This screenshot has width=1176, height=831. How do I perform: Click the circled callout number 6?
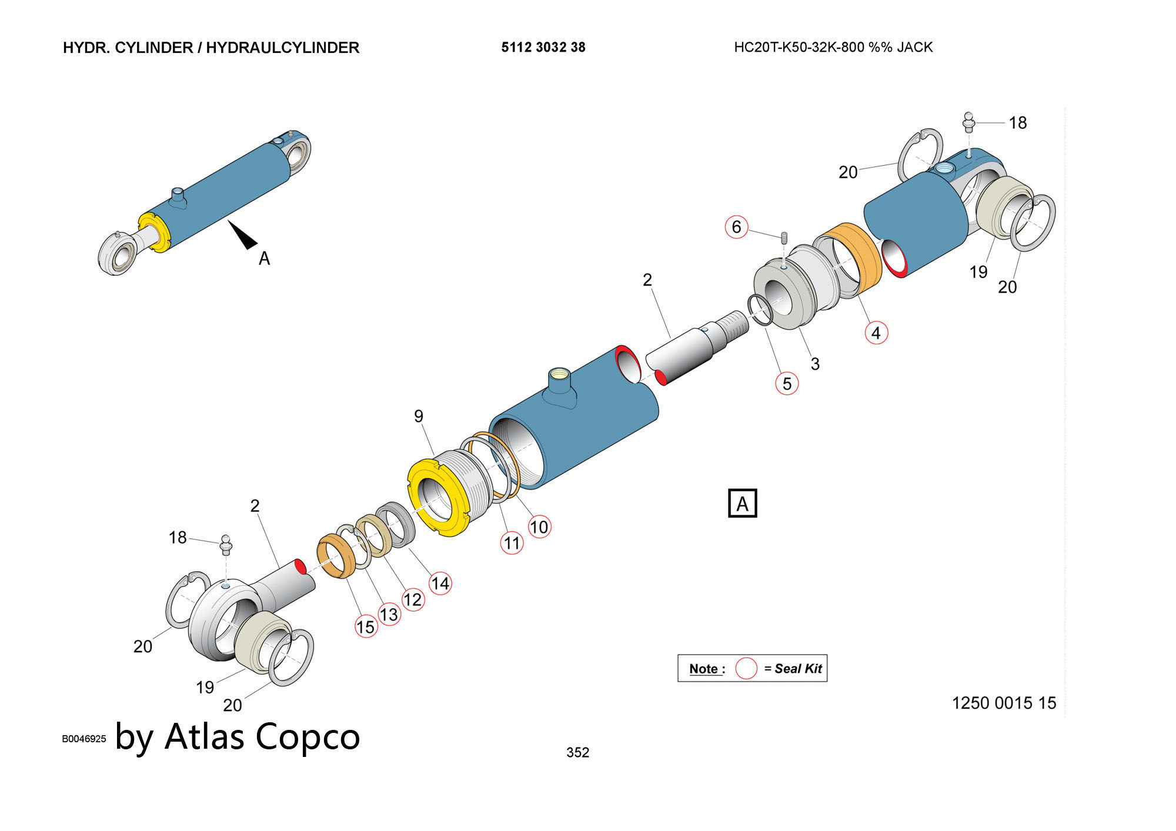736,227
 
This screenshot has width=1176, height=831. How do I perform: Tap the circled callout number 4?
876,333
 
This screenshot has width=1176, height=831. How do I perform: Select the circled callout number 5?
787,384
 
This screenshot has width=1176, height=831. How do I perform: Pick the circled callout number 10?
539,527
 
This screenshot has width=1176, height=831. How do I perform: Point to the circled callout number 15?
366,626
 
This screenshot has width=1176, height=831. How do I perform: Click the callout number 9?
419,416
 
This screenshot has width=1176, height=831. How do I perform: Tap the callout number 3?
815,364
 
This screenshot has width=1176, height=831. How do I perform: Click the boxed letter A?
742,504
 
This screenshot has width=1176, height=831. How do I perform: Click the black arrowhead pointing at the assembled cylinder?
243,234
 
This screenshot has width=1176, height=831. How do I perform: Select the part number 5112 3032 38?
543,48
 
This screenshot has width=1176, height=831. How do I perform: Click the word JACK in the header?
914,48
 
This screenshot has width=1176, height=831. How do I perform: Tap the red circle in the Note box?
746,668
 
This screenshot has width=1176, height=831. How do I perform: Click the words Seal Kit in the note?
798,668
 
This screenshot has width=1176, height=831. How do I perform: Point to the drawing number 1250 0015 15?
1004,703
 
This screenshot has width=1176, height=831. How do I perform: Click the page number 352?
577,752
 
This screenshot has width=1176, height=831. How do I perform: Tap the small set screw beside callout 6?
784,238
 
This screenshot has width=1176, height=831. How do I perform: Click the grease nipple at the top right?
968,122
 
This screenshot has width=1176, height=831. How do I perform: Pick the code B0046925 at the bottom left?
84,739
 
